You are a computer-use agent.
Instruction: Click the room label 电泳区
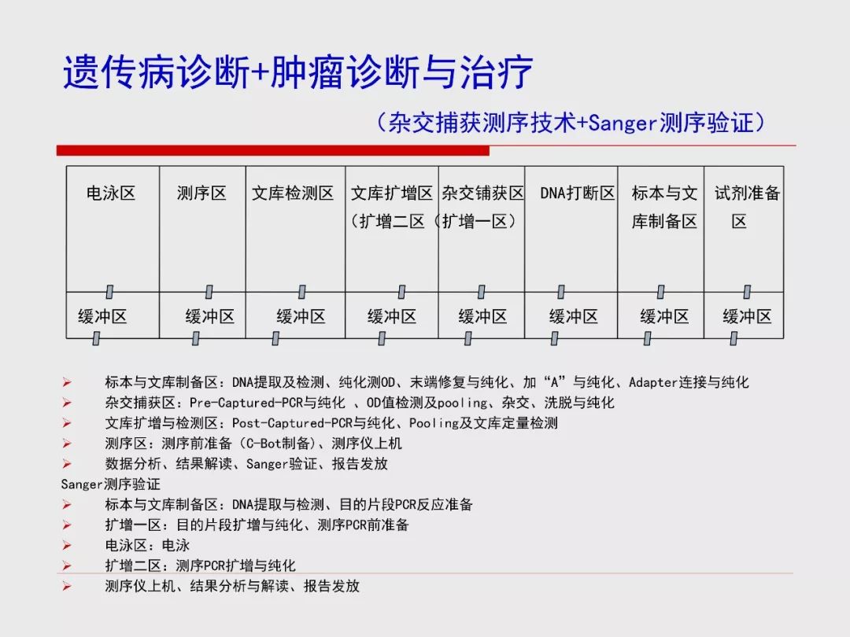[x=111, y=193]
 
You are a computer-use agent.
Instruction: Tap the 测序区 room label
[x=201, y=193]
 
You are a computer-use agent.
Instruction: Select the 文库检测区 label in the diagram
[x=293, y=193]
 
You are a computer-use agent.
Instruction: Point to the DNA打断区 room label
[x=578, y=193]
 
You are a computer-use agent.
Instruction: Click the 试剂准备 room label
[x=747, y=193]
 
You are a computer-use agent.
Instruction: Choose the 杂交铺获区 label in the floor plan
[x=482, y=193]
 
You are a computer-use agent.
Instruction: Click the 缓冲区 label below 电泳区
[x=102, y=316]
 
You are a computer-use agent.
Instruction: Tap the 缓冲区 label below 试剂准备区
[x=747, y=316]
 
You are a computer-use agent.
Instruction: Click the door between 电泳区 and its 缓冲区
[x=109, y=292]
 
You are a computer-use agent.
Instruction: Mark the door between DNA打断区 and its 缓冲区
[x=561, y=292]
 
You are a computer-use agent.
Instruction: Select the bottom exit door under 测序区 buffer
[x=196, y=338]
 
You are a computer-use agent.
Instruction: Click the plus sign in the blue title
[x=260, y=72]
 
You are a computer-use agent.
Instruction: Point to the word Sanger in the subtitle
[x=623, y=123]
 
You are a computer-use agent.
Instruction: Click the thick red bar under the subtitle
[x=272, y=150]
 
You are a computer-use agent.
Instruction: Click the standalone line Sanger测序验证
[x=111, y=484]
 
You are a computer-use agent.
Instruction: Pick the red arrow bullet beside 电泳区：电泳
[x=67, y=546]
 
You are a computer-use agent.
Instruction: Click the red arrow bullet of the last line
[x=67, y=586]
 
